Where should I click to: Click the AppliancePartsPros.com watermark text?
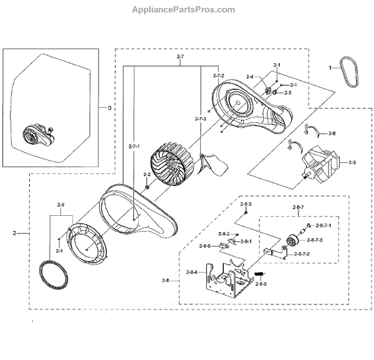pos(184,9)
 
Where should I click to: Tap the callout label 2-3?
pos(352,163)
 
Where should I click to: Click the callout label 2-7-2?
pos(218,76)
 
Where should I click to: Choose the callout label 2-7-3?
pos(200,119)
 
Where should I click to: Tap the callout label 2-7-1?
pos(134,147)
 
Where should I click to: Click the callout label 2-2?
pos(146,175)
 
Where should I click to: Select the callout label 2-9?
pos(60,205)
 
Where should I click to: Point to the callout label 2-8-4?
pos(191,273)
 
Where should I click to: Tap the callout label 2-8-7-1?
pos(324,225)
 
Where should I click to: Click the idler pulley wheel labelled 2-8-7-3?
pos(290,243)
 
